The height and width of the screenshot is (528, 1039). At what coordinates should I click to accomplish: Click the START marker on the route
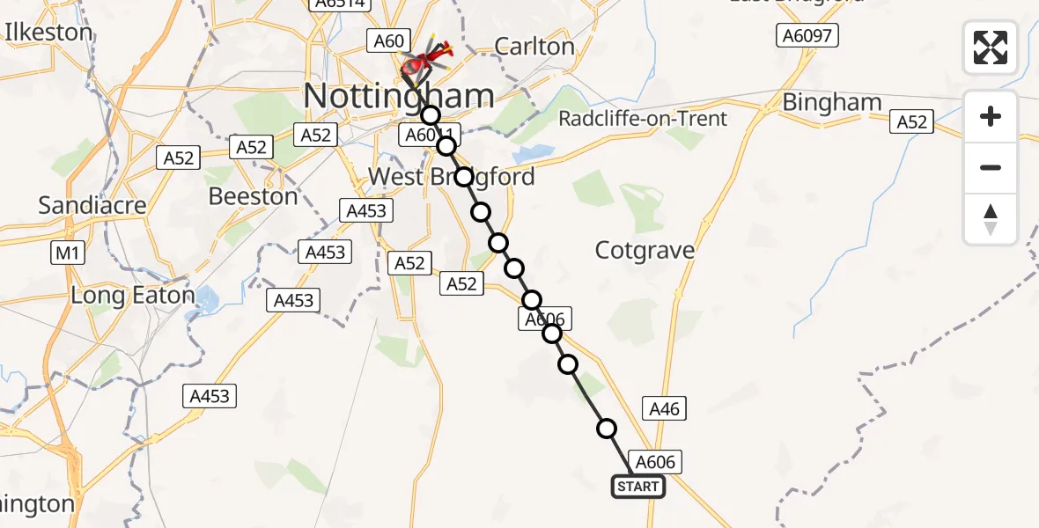[637, 487]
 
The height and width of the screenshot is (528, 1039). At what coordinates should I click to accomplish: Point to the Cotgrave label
[645, 251]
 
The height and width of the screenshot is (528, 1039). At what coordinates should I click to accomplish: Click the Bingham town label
[832, 103]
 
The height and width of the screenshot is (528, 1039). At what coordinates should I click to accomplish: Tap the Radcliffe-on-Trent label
[644, 119]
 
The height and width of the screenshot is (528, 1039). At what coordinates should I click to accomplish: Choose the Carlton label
[534, 47]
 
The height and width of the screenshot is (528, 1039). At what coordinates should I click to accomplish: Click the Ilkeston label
[49, 33]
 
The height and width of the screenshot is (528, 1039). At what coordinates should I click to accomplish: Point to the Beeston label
[253, 196]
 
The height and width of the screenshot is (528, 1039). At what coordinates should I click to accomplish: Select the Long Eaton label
[132, 295]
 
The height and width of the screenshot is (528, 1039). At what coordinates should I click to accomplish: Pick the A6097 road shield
[807, 36]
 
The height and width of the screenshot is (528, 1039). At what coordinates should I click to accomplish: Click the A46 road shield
[665, 408]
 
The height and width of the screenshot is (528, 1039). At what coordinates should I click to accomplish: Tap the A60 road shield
[388, 40]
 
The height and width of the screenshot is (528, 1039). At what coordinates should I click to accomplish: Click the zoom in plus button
[991, 117]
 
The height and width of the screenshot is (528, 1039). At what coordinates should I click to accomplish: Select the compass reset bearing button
[991, 219]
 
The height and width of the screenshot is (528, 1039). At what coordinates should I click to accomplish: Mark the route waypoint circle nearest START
[607, 429]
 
